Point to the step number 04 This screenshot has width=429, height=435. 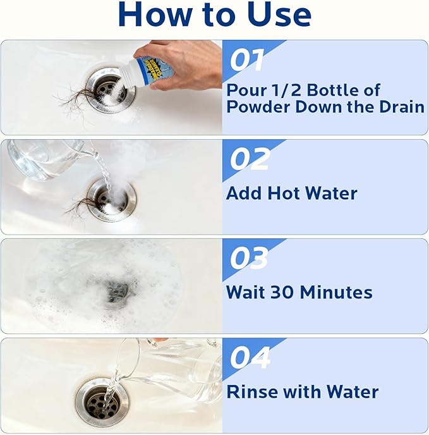251,357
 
